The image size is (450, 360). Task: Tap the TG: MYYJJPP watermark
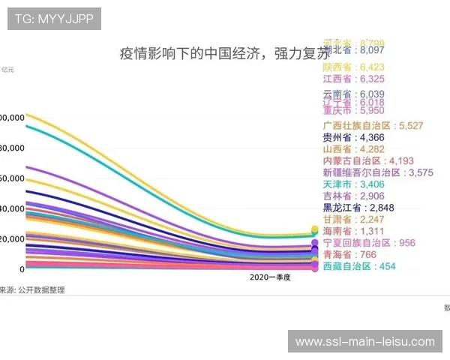(54, 19)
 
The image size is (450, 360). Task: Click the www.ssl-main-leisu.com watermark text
(365, 342)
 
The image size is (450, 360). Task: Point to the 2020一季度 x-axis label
(270, 277)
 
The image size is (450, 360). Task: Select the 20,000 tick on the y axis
(13, 238)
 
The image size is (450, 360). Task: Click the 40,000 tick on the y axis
(13, 208)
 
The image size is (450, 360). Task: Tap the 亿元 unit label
(7, 70)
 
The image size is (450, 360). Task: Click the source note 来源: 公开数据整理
(31, 289)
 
